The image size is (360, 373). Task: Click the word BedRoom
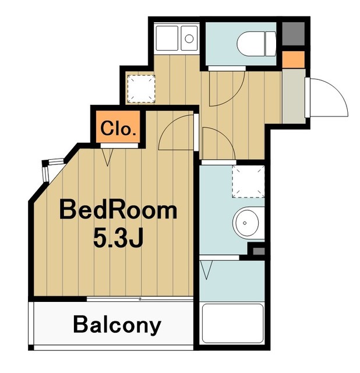click(x=118, y=210)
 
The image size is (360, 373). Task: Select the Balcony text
click(x=117, y=325)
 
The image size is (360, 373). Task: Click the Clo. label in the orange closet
click(x=118, y=129)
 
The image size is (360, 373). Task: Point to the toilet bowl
click(x=256, y=44)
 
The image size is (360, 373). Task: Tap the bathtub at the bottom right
click(x=232, y=323)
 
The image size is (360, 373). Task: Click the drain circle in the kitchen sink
click(x=189, y=38)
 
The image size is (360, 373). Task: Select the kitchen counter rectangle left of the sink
click(x=167, y=38)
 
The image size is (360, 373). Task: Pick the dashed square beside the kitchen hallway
click(x=141, y=89)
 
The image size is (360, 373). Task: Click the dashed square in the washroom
click(x=248, y=181)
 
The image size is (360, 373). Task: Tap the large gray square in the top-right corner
click(x=294, y=34)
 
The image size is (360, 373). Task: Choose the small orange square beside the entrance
click(x=294, y=59)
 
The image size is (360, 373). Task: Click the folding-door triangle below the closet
click(x=108, y=157)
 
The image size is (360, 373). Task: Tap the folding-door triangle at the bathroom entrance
click(x=206, y=270)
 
